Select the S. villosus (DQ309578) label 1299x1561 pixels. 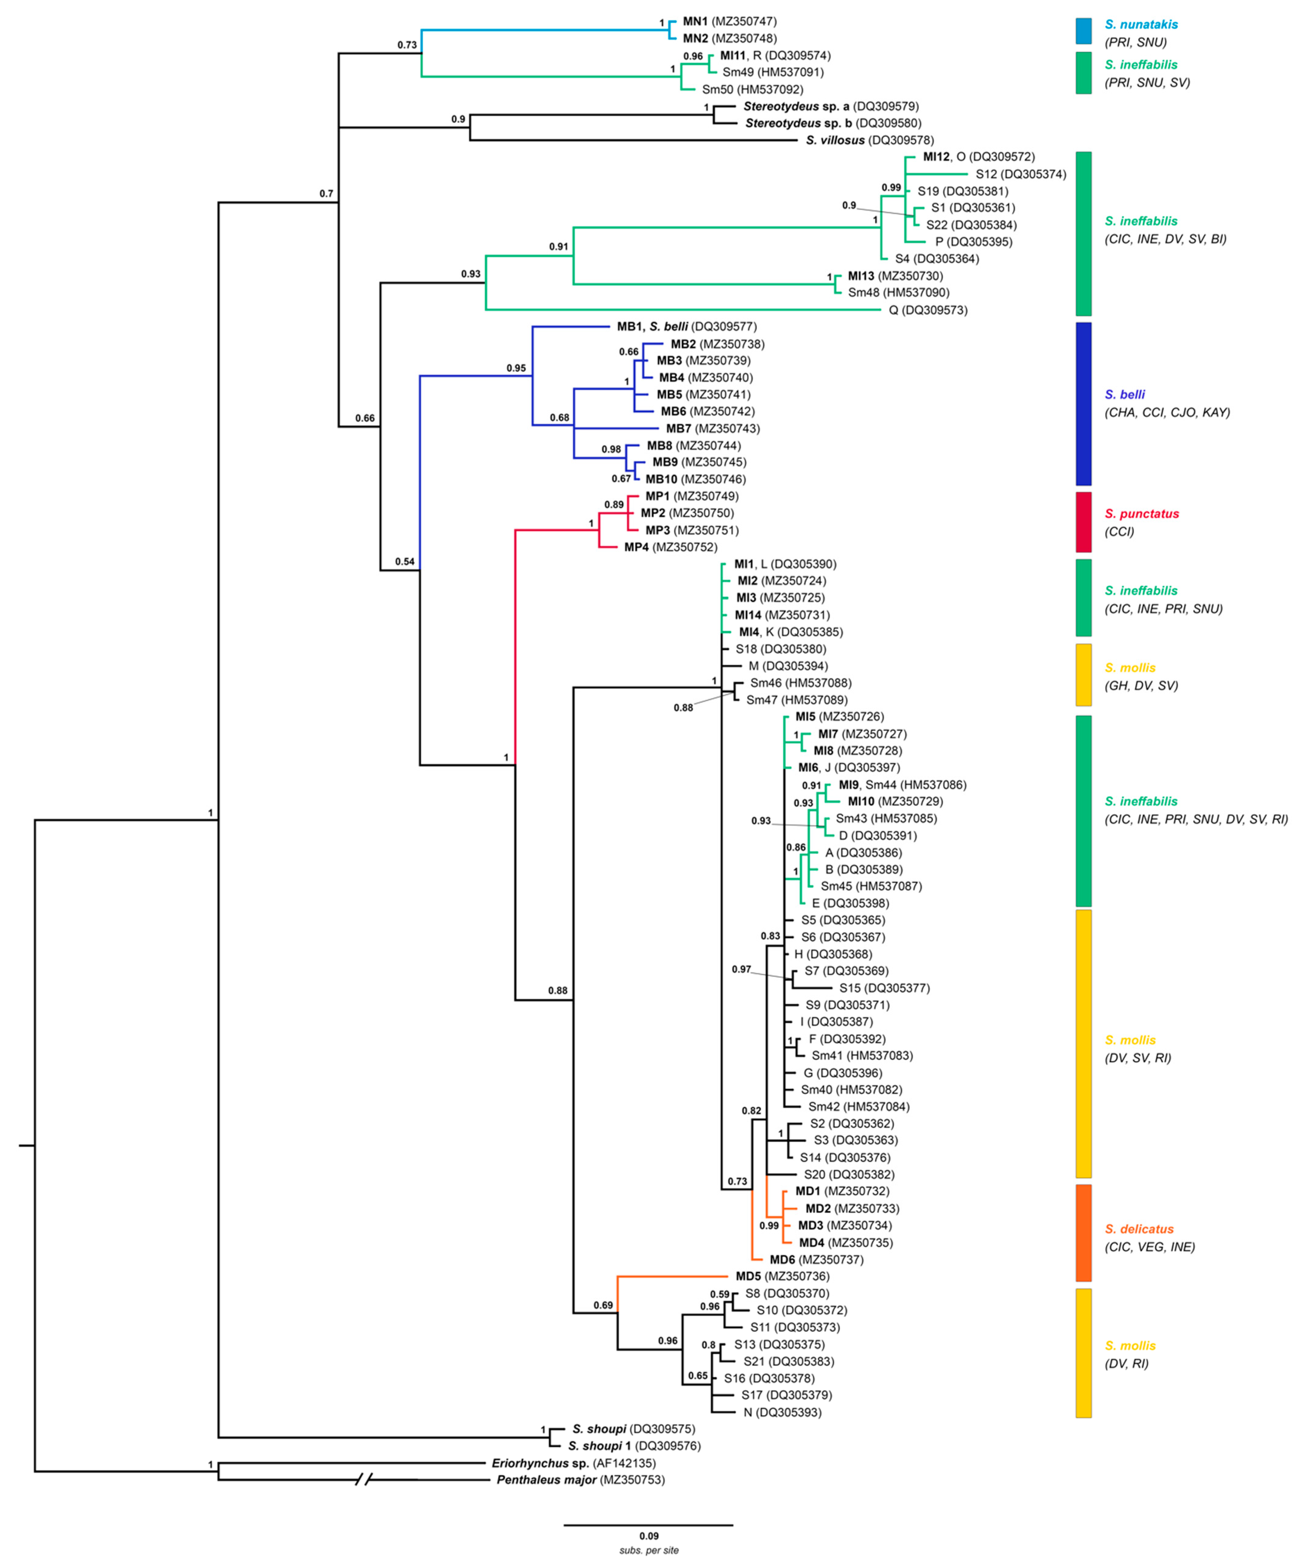[x=869, y=140]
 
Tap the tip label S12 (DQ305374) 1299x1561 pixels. [x=1020, y=174]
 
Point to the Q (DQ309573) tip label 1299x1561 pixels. [x=928, y=310]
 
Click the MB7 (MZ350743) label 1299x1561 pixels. [x=712, y=428]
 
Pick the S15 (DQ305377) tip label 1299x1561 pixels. [x=884, y=988]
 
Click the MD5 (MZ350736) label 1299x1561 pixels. [x=782, y=1276]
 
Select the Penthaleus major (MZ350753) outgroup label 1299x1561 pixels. [x=580, y=1480]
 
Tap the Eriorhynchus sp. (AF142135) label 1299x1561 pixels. [x=573, y=1463]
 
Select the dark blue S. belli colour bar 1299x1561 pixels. [x=1083, y=404]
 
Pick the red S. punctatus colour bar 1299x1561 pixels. [x=1083, y=522]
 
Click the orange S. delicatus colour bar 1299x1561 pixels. [x=1083, y=1233]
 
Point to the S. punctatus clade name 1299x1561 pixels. [x=1141, y=514]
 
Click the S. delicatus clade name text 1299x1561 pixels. [x=1139, y=1229]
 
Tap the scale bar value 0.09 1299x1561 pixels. [x=648, y=1536]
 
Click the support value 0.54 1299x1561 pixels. [x=404, y=561]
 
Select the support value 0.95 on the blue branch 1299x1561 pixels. [x=516, y=368]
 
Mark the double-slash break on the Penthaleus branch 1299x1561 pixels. [x=363, y=1480]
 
